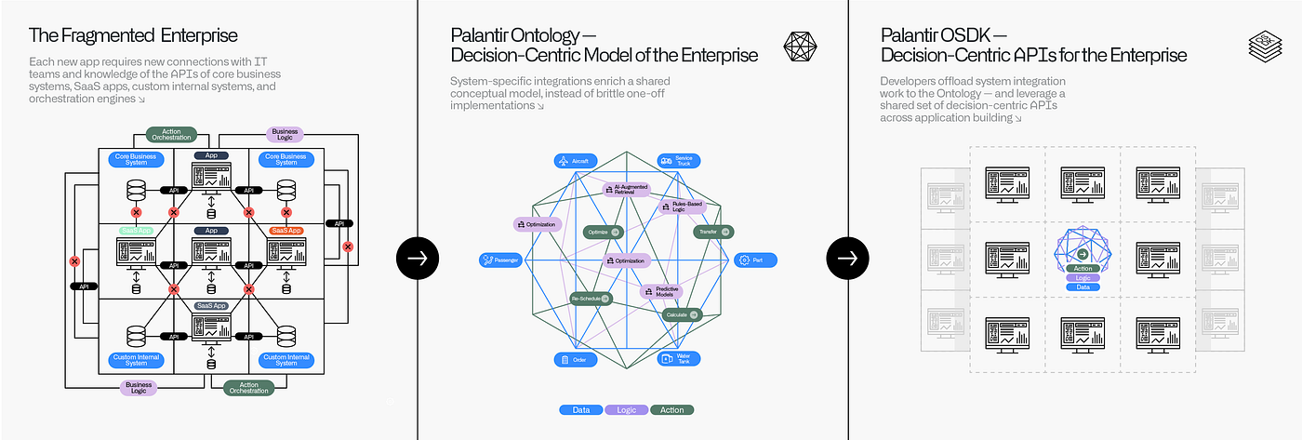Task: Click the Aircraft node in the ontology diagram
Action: tap(575, 161)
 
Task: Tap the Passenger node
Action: tap(501, 260)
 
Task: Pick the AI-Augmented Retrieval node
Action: tap(631, 189)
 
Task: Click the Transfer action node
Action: tap(713, 232)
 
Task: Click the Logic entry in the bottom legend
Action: tap(627, 409)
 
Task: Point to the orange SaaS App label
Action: tap(286, 230)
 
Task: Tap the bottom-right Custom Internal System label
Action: tap(286, 360)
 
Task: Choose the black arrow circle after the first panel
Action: tap(418, 259)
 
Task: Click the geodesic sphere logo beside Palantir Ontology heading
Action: tap(801, 47)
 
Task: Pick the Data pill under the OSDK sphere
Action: tap(1083, 287)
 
